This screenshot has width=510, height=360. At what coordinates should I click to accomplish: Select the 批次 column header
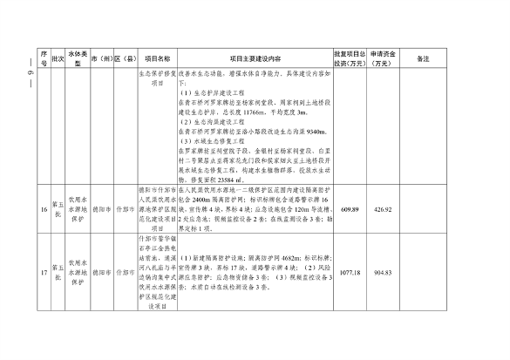click(58, 58)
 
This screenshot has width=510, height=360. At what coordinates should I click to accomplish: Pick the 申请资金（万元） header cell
click(384, 58)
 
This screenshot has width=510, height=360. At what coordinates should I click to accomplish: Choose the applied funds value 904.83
click(384, 271)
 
